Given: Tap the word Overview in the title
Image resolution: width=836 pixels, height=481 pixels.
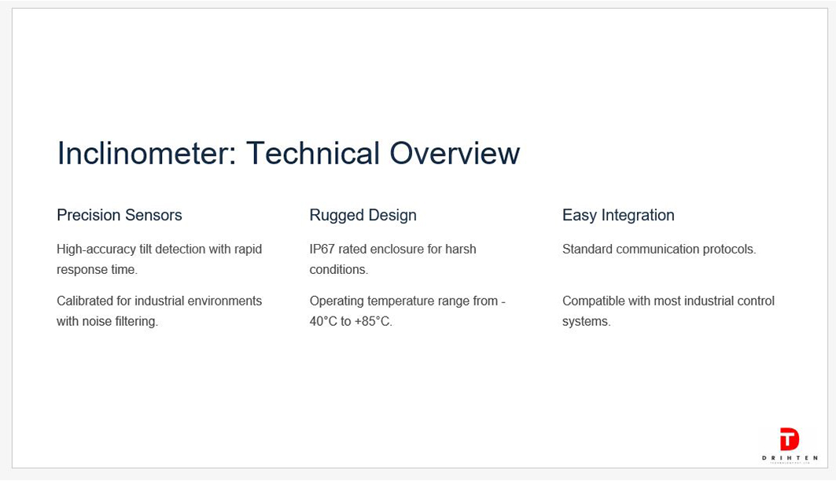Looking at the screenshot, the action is tap(455, 154).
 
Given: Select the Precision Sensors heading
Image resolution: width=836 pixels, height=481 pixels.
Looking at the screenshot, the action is tap(120, 215).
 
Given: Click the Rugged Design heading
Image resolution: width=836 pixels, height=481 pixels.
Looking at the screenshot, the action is tap(363, 216).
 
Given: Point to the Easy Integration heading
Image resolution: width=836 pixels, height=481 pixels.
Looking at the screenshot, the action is tap(618, 216).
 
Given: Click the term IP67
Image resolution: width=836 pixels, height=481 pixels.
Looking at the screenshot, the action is tap(322, 250).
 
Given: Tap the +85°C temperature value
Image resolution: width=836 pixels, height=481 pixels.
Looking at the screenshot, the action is tap(374, 322).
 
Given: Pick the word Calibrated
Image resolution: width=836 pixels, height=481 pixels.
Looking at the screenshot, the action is tap(85, 301).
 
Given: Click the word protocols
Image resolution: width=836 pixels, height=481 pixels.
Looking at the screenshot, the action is tap(729, 250).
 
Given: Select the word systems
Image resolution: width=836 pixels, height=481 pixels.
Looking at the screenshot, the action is tap(587, 322).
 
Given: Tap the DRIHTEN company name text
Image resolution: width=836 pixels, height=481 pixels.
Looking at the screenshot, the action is tap(790, 458).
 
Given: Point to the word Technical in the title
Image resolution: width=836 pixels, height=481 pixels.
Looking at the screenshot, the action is tap(312, 154).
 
